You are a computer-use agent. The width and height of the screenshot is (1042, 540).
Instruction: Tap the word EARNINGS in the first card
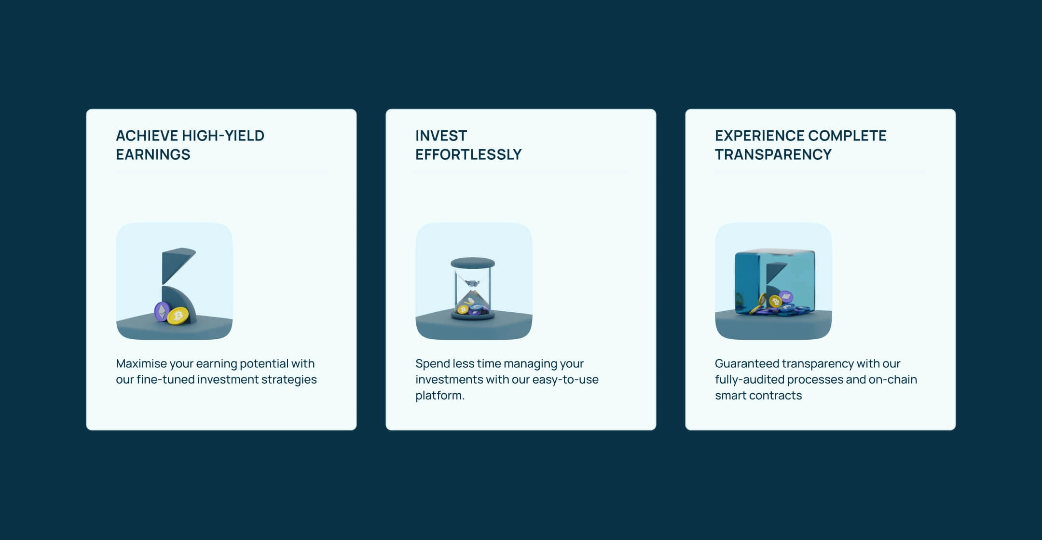click(x=153, y=154)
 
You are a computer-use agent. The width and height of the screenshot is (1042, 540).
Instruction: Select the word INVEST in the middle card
click(x=441, y=136)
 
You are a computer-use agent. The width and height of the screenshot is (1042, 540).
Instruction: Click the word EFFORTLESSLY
click(x=468, y=154)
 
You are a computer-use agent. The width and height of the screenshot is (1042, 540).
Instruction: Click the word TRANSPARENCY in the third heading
click(x=773, y=154)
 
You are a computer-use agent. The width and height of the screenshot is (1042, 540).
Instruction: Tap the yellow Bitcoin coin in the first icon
click(x=178, y=316)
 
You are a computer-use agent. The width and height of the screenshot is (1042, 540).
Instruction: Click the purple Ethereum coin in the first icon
click(x=162, y=312)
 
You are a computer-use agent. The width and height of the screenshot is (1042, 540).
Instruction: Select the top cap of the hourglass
click(x=473, y=263)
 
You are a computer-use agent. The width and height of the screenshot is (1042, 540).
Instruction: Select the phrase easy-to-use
click(x=572, y=380)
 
